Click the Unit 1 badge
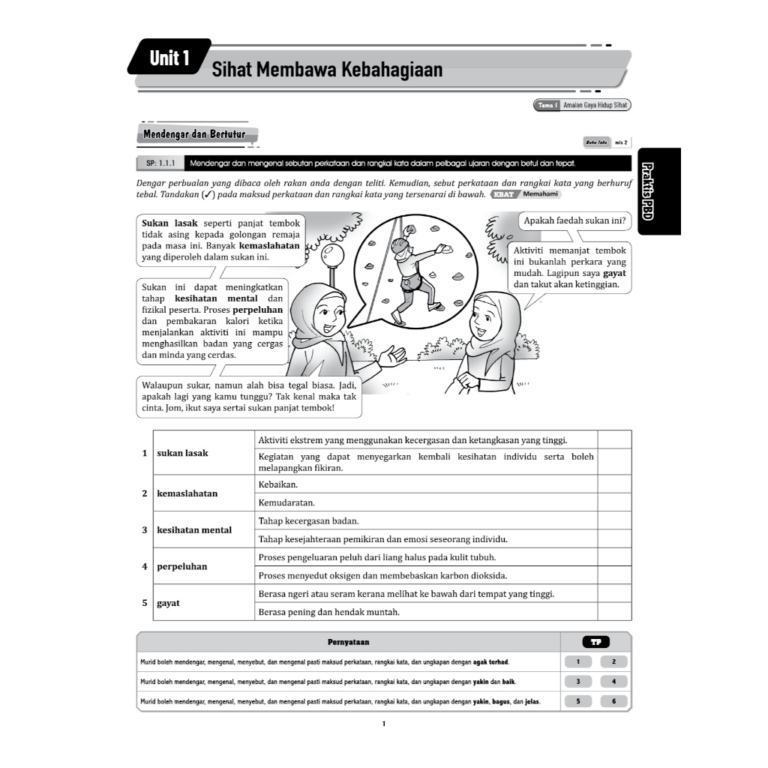pyautogui.click(x=169, y=57)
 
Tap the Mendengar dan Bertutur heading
pyautogui.click(x=194, y=134)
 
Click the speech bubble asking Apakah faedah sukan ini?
pyautogui.click(x=575, y=220)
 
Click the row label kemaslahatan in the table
pyautogui.click(x=187, y=493)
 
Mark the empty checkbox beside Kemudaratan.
pyautogui.click(x=614, y=502)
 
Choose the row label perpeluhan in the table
pyautogui.click(x=181, y=566)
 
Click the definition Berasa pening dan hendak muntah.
pyautogui.click(x=328, y=612)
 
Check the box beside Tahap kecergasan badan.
pyautogui.click(x=614, y=520)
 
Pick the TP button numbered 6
pyautogui.click(x=613, y=702)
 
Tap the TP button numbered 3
pyautogui.click(x=578, y=682)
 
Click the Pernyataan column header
pyautogui.click(x=348, y=642)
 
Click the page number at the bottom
pyautogui.click(x=383, y=724)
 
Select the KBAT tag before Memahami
pyautogui.click(x=503, y=194)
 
